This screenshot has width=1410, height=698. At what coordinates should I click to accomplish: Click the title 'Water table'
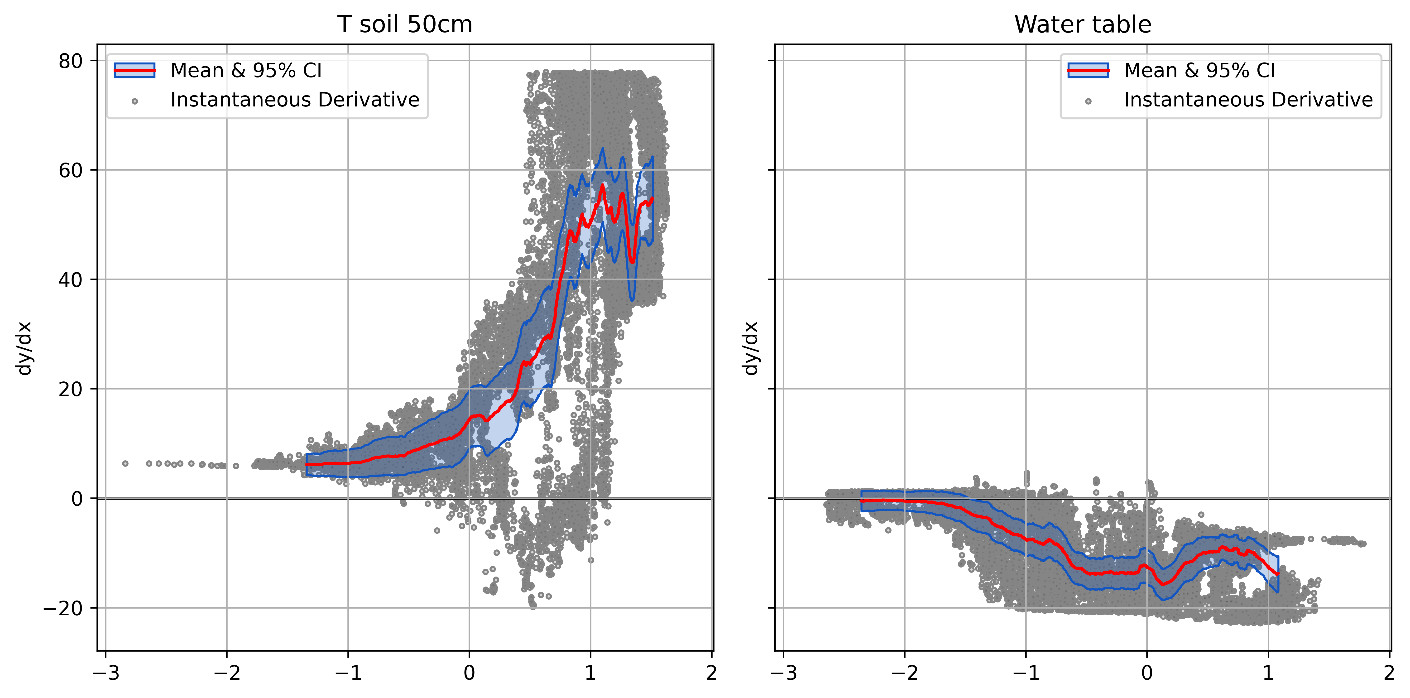click(x=1083, y=25)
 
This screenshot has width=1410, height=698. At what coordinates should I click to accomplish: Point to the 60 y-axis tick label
click(x=71, y=170)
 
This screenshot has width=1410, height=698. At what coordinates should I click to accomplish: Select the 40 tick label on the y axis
click(x=71, y=280)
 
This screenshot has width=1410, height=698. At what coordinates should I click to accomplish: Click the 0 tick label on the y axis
click(x=77, y=499)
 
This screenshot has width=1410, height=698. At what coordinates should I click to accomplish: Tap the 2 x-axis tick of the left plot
click(x=711, y=673)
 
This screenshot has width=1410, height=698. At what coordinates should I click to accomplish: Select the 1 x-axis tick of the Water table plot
click(x=1268, y=673)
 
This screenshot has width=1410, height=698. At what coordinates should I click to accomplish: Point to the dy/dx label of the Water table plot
click(x=750, y=348)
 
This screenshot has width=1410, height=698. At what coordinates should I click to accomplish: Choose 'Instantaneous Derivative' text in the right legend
click(x=1248, y=100)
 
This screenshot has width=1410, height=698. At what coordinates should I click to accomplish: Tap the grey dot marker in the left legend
click(x=135, y=101)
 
